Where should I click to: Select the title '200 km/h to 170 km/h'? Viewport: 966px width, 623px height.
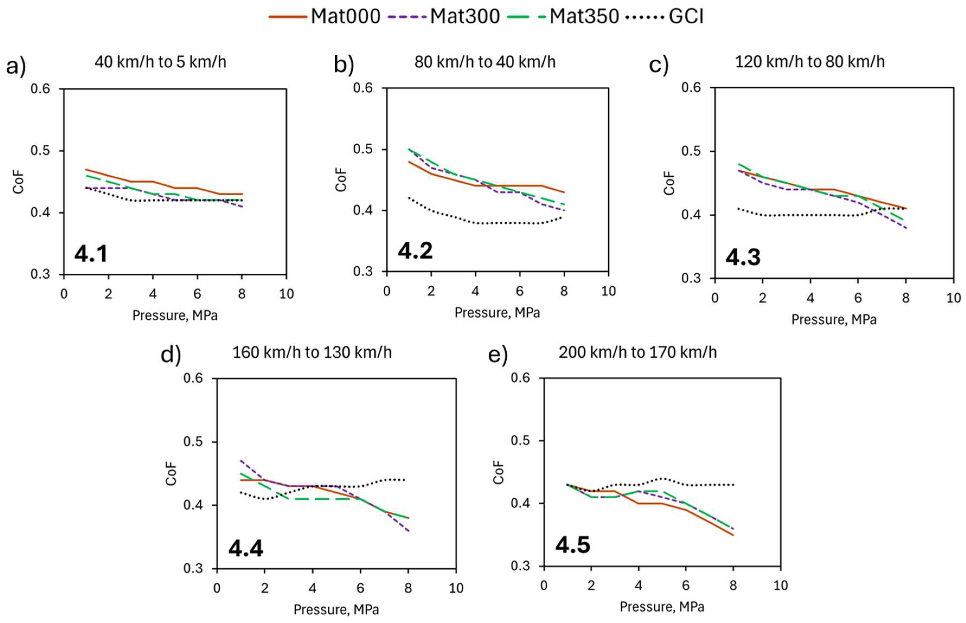(637, 352)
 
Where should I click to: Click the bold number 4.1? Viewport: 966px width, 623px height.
(91, 254)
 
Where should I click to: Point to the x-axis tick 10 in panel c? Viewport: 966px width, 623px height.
(953, 298)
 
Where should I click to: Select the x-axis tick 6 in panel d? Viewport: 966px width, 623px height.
(360, 588)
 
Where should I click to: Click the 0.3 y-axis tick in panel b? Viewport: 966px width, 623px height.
(363, 271)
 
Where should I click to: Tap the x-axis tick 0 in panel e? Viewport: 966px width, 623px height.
(544, 585)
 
